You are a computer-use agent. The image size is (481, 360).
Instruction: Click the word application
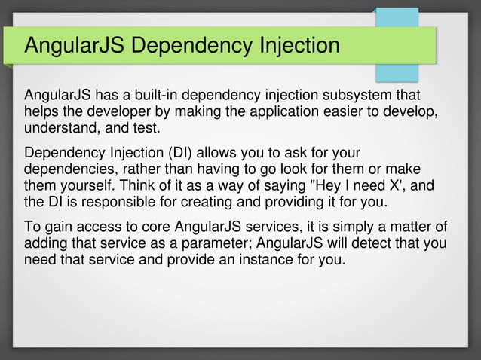pyautogui.click(x=275, y=111)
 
